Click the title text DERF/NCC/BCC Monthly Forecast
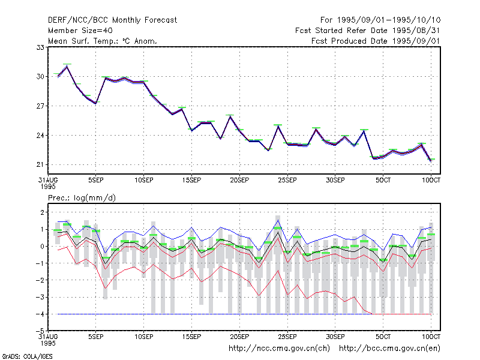click(112, 20)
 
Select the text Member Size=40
click(80, 31)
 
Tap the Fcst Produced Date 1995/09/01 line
click(376, 41)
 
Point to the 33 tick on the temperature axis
click(40, 47)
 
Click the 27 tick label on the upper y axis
click(40, 106)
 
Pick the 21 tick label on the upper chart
click(40, 164)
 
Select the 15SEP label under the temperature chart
click(191, 181)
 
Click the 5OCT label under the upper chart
click(383, 181)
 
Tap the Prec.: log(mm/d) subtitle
click(82, 198)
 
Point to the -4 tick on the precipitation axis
click(40, 314)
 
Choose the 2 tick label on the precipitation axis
click(42, 212)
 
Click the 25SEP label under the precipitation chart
click(287, 337)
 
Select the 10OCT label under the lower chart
click(431, 337)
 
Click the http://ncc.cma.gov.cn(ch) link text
click(279, 349)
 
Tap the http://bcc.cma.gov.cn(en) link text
click(389, 349)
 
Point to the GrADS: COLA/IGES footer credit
click(27, 356)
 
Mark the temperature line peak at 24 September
click(278, 126)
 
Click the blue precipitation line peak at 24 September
click(278, 220)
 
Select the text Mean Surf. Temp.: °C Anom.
click(103, 41)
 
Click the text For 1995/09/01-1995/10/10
click(380, 20)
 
